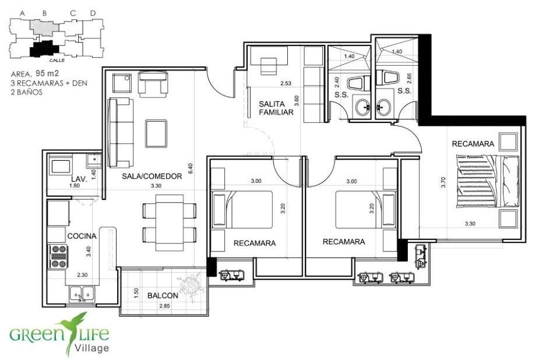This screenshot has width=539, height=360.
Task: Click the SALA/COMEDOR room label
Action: coord(152,177)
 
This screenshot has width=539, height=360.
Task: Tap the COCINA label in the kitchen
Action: coord(82,236)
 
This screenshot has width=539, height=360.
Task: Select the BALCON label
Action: coord(163,295)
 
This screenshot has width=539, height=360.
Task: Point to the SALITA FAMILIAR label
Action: coord(276,108)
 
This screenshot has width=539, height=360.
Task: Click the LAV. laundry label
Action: coord(79,179)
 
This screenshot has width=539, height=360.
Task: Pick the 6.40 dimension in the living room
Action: coord(191,168)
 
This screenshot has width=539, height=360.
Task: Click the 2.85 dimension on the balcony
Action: coord(164,306)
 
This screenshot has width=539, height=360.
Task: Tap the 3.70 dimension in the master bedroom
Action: coord(443,182)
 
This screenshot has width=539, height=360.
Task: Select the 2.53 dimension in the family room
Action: coord(286,83)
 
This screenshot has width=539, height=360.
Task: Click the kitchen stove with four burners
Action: coord(58,256)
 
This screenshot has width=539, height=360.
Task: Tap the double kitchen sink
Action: coord(82,294)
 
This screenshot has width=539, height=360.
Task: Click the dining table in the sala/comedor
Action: coord(170,223)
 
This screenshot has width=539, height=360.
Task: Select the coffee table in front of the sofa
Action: coord(156,133)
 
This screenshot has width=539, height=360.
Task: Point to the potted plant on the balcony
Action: coord(189,284)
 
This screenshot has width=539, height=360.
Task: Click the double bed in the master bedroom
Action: coord(488,181)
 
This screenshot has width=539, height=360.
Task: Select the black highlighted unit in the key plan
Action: coord(44,48)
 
